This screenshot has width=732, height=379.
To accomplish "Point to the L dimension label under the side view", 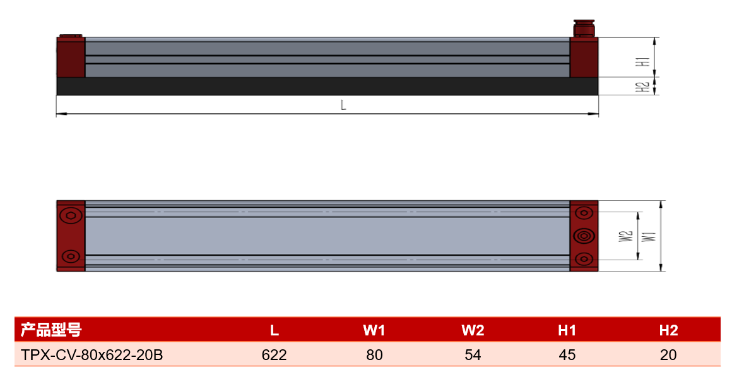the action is (343, 105).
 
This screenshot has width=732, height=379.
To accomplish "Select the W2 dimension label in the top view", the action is (625, 236).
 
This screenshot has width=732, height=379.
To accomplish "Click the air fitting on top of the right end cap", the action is (584, 28).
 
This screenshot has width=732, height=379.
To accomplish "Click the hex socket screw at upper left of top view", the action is (71, 215).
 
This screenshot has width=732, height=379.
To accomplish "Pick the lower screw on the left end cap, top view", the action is (71, 256).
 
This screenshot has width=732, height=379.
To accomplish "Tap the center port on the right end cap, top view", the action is (584, 236).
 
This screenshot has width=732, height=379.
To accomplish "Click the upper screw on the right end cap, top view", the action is (584, 214).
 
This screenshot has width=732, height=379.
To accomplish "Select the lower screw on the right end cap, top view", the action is (584, 258).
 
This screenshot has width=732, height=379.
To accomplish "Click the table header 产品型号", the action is (51, 330).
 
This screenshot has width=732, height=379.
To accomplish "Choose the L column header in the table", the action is (274, 330).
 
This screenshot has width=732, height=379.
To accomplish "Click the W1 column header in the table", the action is (374, 330).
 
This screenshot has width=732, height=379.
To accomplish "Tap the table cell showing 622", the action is (274, 355).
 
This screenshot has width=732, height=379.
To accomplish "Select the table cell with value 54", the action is (473, 355).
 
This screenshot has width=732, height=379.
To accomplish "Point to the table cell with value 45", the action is (567, 355).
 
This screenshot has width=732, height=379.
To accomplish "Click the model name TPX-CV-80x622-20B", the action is (92, 355).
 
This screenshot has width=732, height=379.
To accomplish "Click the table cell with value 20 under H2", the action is (668, 355).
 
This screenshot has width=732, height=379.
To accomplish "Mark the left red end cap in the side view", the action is (71, 57).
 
